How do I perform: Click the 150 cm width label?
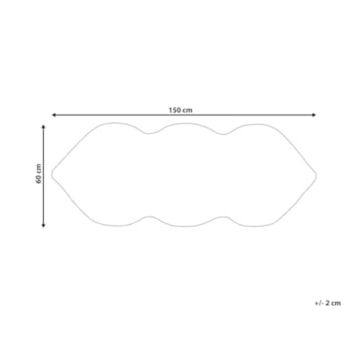pyautogui.click(x=181, y=110)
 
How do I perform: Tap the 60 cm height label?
pyautogui.click(x=39, y=174)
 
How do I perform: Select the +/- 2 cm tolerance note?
pyautogui.click(x=327, y=303)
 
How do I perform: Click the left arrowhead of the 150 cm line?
pyautogui.click(x=53, y=115)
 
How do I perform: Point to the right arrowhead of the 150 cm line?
pyautogui.click(x=314, y=115)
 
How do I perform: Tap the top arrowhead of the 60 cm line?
pyautogui.click(x=44, y=127)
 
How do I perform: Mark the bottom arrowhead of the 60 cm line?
pyautogui.click(x=44, y=225)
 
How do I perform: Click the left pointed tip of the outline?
pyautogui.click(x=52, y=174)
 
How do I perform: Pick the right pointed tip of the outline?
pyautogui.click(x=316, y=175)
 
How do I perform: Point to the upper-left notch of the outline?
pyautogui.click(x=149, y=134)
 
